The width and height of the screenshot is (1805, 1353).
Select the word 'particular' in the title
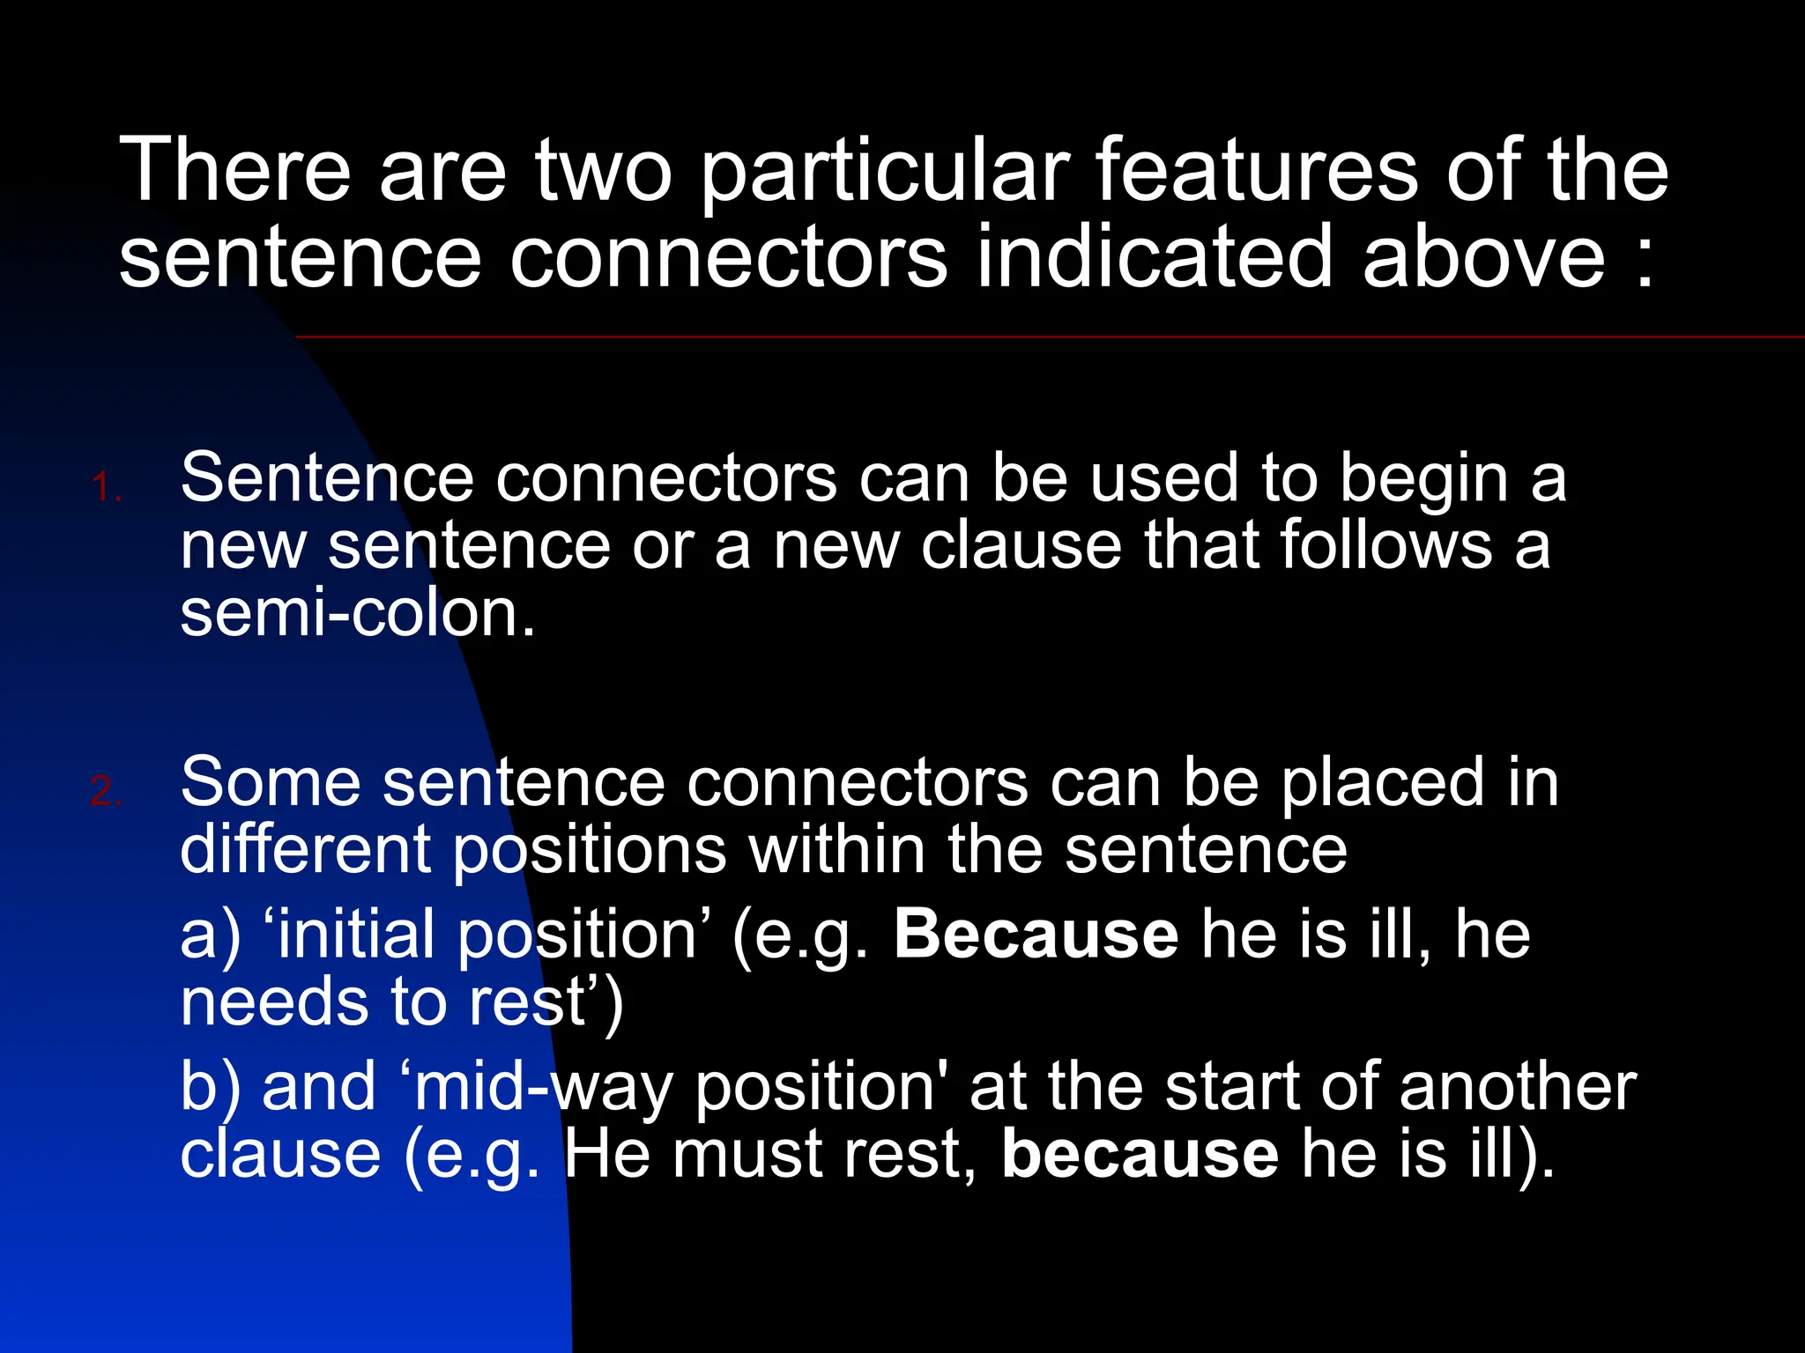[885, 173]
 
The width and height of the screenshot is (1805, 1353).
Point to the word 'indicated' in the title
[1155, 256]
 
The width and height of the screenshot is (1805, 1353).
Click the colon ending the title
[1645, 264]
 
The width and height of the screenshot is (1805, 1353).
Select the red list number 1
[107, 487]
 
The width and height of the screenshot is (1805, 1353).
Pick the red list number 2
[107, 791]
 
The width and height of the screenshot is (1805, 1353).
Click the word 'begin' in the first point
[1424, 481]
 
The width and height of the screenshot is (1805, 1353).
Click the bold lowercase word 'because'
[1140, 1154]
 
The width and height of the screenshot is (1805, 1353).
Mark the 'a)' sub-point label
[210, 935]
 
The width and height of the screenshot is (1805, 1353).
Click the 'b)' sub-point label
[210, 1087]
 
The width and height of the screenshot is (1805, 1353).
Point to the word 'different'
[304, 849]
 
